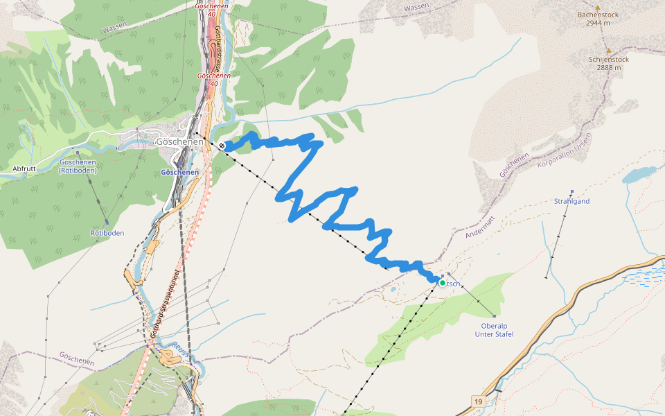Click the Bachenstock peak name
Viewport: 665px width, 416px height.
click(597, 14)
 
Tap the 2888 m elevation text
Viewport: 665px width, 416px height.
click(609, 68)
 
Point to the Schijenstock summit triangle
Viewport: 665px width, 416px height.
click(609, 51)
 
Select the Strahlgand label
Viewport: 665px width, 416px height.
click(571, 201)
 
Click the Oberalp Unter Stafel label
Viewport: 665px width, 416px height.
click(494, 329)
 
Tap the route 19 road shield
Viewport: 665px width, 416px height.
click(478, 401)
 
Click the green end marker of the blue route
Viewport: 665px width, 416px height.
click(442, 283)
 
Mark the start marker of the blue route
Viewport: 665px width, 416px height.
click(222, 146)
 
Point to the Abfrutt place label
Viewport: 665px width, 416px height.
click(24, 168)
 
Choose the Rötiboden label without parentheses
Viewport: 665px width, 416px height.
click(107, 233)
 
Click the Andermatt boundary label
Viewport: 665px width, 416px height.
click(480, 226)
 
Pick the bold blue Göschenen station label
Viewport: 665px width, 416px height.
click(179, 172)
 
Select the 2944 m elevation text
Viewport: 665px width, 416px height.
click(597, 23)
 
